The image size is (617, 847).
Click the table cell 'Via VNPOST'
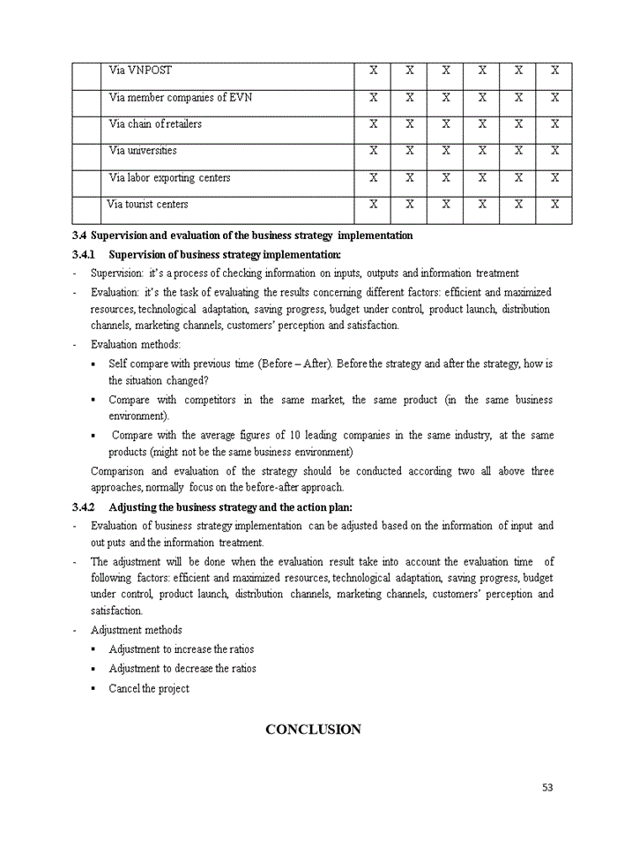tap(140, 71)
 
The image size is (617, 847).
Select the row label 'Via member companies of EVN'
tap(180, 97)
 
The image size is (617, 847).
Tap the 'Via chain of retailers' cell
tap(155, 124)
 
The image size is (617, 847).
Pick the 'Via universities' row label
tap(143, 151)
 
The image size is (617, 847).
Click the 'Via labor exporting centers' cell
tap(169, 178)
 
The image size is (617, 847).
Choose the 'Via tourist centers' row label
tap(147, 205)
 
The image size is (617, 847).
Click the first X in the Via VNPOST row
tap(373, 71)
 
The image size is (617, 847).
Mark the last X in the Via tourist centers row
tap(554, 205)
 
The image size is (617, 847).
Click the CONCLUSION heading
tap(313, 730)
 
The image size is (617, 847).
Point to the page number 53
tap(547, 788)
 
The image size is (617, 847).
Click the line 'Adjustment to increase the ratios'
tap(182, 649)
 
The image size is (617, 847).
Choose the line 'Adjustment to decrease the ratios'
tap(182, 669)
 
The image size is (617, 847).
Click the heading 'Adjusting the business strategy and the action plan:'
tap(230, 507)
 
